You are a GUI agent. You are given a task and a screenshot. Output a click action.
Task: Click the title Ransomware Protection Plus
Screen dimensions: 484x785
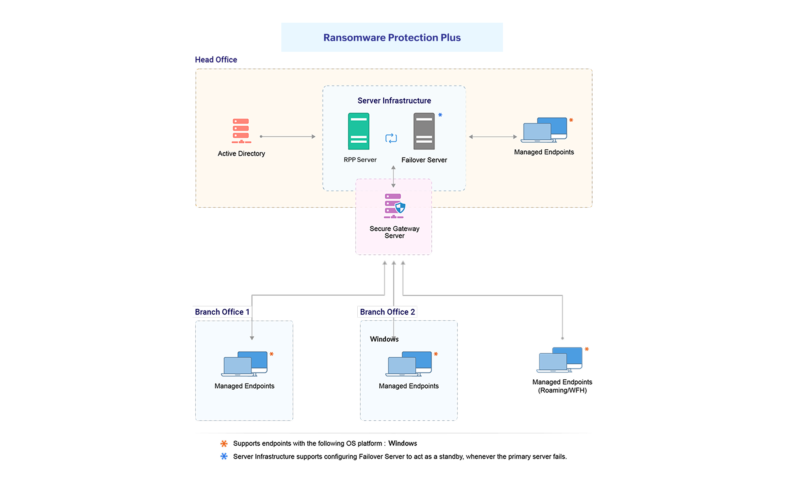(391, 38)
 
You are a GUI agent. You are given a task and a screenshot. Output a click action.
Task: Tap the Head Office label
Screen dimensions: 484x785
(216, 60)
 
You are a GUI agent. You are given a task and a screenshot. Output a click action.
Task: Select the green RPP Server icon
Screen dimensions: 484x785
(358, 131)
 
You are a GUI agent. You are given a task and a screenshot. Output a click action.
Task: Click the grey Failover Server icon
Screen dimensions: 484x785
(424, 131)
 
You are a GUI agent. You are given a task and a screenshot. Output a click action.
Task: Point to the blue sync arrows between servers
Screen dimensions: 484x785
(391, 138)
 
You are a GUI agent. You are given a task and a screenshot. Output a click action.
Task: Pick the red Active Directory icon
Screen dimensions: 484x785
(241, 131)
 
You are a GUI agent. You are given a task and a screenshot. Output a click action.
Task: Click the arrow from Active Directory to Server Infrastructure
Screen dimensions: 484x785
(288, 137)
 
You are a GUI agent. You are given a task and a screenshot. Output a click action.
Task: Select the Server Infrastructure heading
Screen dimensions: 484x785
(394, 101)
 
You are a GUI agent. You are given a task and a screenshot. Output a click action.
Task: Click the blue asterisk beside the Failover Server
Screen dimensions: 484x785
(440, 115)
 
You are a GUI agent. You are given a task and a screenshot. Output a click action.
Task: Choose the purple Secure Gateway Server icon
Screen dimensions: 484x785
(394, 206)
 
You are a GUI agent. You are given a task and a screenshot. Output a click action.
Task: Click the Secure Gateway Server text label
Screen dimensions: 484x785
(394, 232)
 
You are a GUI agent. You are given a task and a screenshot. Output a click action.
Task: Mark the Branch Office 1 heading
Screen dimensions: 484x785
(222, 312)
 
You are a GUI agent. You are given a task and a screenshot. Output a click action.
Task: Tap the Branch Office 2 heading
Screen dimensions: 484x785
(387, 312)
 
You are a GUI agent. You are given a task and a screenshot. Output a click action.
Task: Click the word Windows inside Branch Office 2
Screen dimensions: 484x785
(384, 339)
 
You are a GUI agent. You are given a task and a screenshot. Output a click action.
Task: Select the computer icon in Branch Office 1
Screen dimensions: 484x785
(244, 364)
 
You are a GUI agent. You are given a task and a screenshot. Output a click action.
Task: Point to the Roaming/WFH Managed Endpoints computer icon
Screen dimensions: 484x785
(559, 360)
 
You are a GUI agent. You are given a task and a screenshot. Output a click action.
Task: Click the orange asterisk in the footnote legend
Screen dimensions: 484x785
(224, 444)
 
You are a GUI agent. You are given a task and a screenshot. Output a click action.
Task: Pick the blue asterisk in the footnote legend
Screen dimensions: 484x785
(224, 456)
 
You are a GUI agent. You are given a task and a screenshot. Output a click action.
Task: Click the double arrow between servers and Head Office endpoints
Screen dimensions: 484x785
(493, 137)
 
